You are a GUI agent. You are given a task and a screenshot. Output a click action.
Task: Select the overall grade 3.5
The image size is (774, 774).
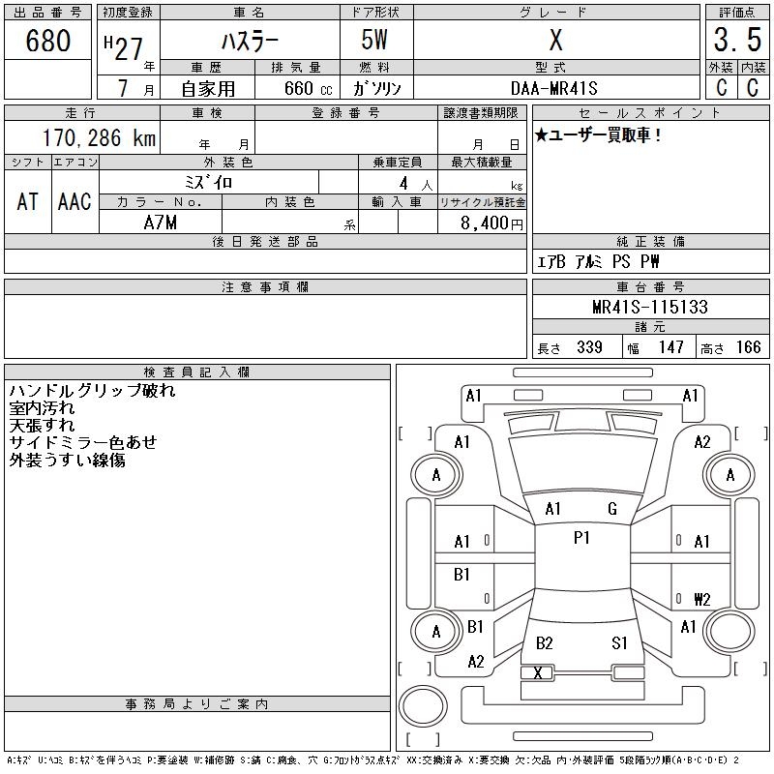[x=734, y=41]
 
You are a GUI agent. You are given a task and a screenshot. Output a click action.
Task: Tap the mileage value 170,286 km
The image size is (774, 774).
[x=99, y=138]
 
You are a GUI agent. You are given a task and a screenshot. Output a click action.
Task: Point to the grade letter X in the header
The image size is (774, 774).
[x=555, y=41]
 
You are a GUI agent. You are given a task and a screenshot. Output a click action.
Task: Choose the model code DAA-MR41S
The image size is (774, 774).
[x=555, y=88]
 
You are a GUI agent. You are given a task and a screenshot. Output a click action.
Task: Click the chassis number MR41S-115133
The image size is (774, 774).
[x=650, y=308]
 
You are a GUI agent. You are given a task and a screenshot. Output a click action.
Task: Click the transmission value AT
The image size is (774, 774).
[x=27, y=201]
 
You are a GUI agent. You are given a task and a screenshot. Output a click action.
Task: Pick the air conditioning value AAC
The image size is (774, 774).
[x=74, y=201]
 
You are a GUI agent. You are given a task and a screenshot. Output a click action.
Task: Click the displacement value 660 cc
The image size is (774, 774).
[x=303, y=88]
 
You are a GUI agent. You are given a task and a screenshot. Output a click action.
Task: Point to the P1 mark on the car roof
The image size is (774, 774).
[x=581, y=538]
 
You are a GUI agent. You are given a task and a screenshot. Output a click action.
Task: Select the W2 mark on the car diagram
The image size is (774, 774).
[x=701, y=598]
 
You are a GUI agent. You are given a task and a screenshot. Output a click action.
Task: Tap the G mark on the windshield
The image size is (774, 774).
[x=612, y=509]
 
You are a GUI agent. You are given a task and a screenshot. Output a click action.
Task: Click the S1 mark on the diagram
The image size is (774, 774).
[x=619, y=642]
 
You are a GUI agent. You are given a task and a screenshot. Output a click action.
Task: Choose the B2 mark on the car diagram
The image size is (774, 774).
[x=545, y=642]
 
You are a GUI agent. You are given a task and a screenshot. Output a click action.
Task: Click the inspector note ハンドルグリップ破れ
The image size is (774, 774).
[x=92, y=392]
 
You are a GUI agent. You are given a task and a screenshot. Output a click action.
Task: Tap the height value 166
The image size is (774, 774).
[x=748, y=347]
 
